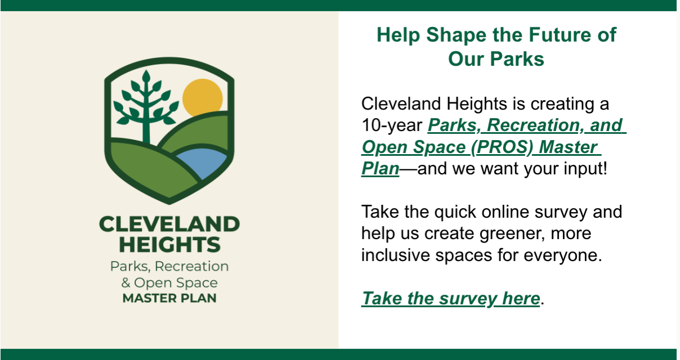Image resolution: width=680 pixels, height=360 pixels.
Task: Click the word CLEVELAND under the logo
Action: [x=169, y=224]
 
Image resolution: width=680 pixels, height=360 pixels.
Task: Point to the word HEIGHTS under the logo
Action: [x=169, y=245]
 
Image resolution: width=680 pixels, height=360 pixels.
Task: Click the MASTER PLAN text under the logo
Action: [x=169, y=298]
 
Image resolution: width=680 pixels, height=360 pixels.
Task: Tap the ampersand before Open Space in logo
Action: [x=126, y=282]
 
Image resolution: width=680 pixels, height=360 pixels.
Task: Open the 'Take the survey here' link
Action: [x=450, y=298]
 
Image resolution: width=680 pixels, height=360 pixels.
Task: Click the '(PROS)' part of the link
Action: [x=501, y=147]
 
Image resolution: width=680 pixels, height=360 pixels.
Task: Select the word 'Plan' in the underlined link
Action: [x=380, y=168]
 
